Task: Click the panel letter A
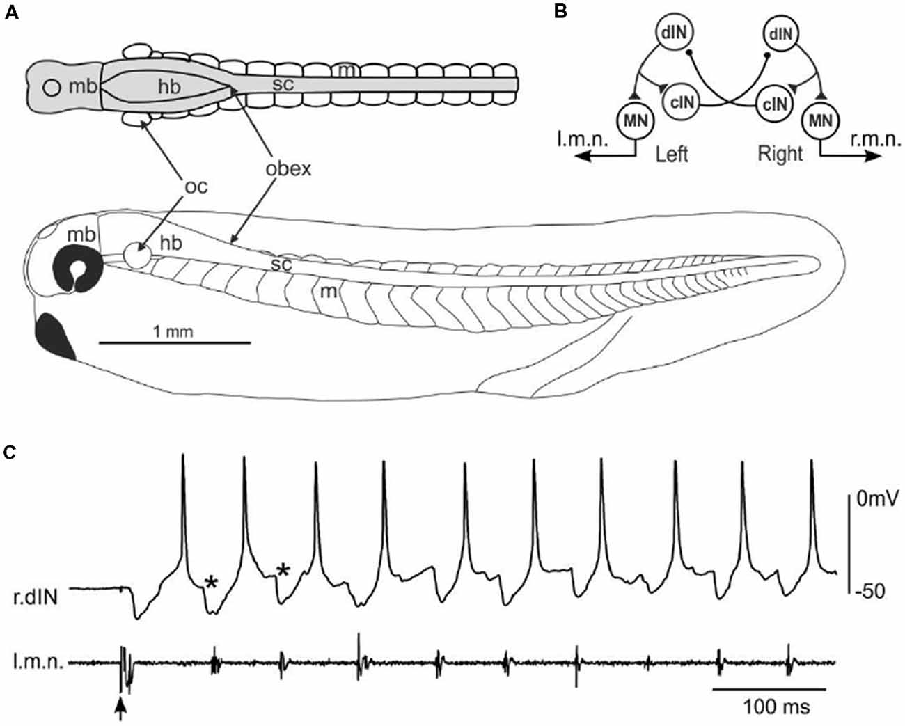[x=10, y=15]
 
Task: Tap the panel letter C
[x=10, y=452]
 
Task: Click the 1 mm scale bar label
[x=173, y=331]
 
